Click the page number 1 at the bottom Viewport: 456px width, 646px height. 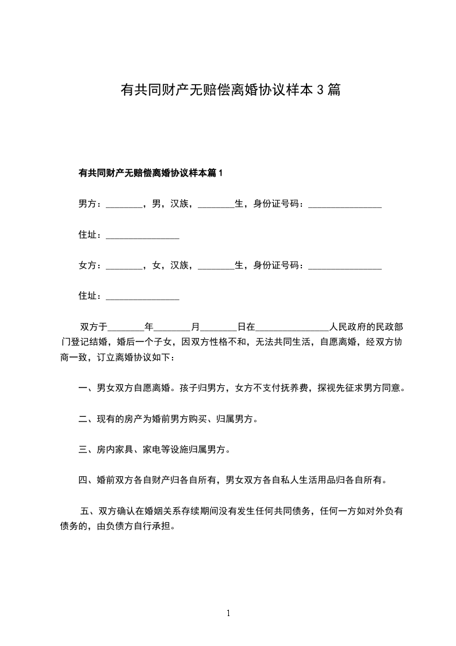(228, 613)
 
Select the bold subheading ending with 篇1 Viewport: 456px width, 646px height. (150, 173)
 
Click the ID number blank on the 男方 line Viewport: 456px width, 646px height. (345, 204)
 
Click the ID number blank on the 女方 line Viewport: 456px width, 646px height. (345, 267)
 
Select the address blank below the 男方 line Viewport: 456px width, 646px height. (143, 235)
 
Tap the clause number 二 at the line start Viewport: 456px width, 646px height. (82, 419)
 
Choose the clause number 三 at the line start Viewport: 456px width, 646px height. (82, 450)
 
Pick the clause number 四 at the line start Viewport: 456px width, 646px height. (82, 480)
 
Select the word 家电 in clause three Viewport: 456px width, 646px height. (152, 450)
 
